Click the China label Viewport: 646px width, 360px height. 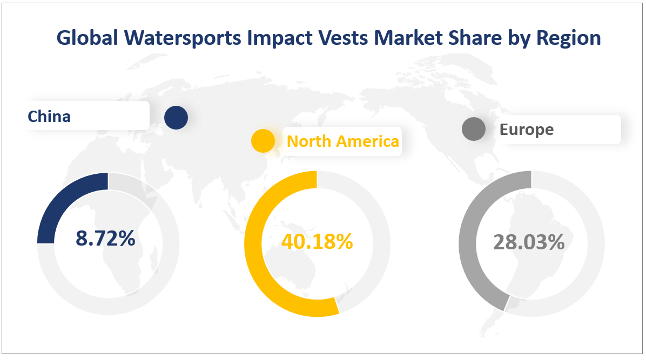coord(49,116)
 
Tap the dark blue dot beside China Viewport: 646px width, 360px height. coord(176,118)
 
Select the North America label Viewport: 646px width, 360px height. coord(343,141)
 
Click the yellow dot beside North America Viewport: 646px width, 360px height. coord(263,141)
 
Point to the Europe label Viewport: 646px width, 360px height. coord(527,130)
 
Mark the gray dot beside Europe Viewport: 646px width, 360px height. coord(474,130)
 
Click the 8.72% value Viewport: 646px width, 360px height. coord(105,239)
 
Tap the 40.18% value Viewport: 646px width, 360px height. coord(317,241)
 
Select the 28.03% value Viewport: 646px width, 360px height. coord(529,242)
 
